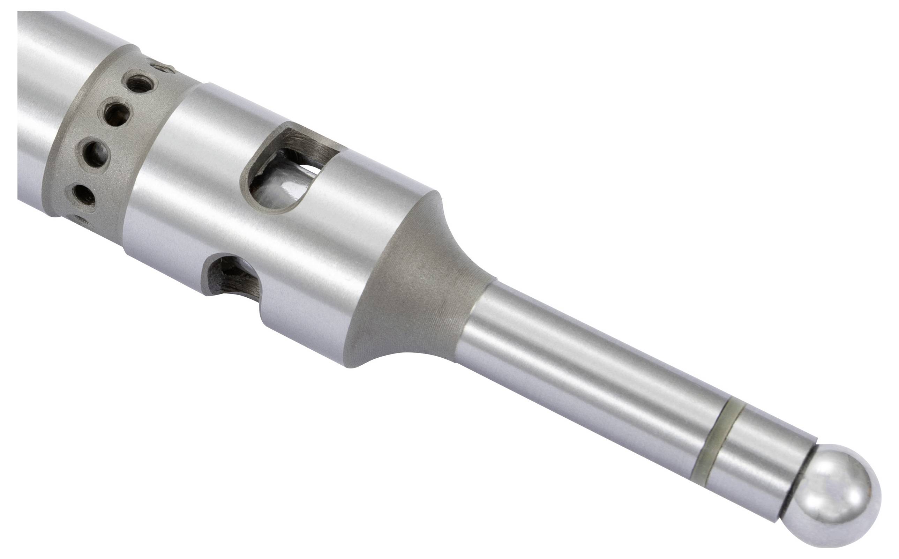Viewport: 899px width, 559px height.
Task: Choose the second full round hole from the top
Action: (x=116, y=112)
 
